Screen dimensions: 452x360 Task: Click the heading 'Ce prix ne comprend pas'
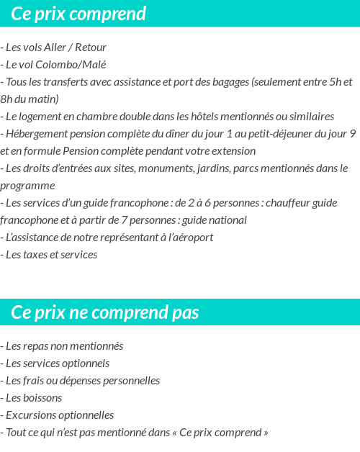tap(105, 313)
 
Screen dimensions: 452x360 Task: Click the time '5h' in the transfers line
tap(336, 82)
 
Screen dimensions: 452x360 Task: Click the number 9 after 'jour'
tap(352, 134)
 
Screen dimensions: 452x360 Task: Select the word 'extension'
tap(233, 151)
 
